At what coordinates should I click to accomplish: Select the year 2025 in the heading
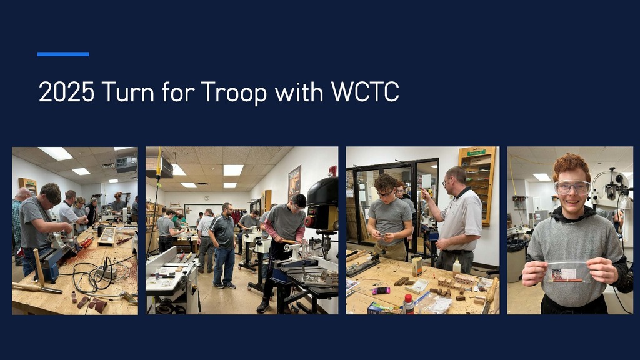click(x=66, y=92)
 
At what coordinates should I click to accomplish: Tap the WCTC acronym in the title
click(x=365, y=92)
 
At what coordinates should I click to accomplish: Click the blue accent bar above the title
click(x=63, y=54)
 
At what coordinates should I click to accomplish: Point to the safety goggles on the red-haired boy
click(x=572, y=187)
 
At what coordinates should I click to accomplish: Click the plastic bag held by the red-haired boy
click(x=568, y=272)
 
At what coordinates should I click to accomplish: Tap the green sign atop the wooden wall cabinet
click(x=476, y=153)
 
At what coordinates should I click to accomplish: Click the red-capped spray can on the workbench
click(x=408, y=304)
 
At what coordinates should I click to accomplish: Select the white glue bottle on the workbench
click(x=457, y=267)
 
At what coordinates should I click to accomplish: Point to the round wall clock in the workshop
click(x=206, y=197)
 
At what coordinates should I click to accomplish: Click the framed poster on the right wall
click(x=294, y=182)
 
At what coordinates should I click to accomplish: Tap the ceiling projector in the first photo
click(x=126, y=164)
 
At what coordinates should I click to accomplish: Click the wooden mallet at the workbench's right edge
click(x=492, y=290)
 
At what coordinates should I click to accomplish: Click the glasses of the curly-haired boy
click(x=386, y=193)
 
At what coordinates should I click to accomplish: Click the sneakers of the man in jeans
click(x=224, y=285)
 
